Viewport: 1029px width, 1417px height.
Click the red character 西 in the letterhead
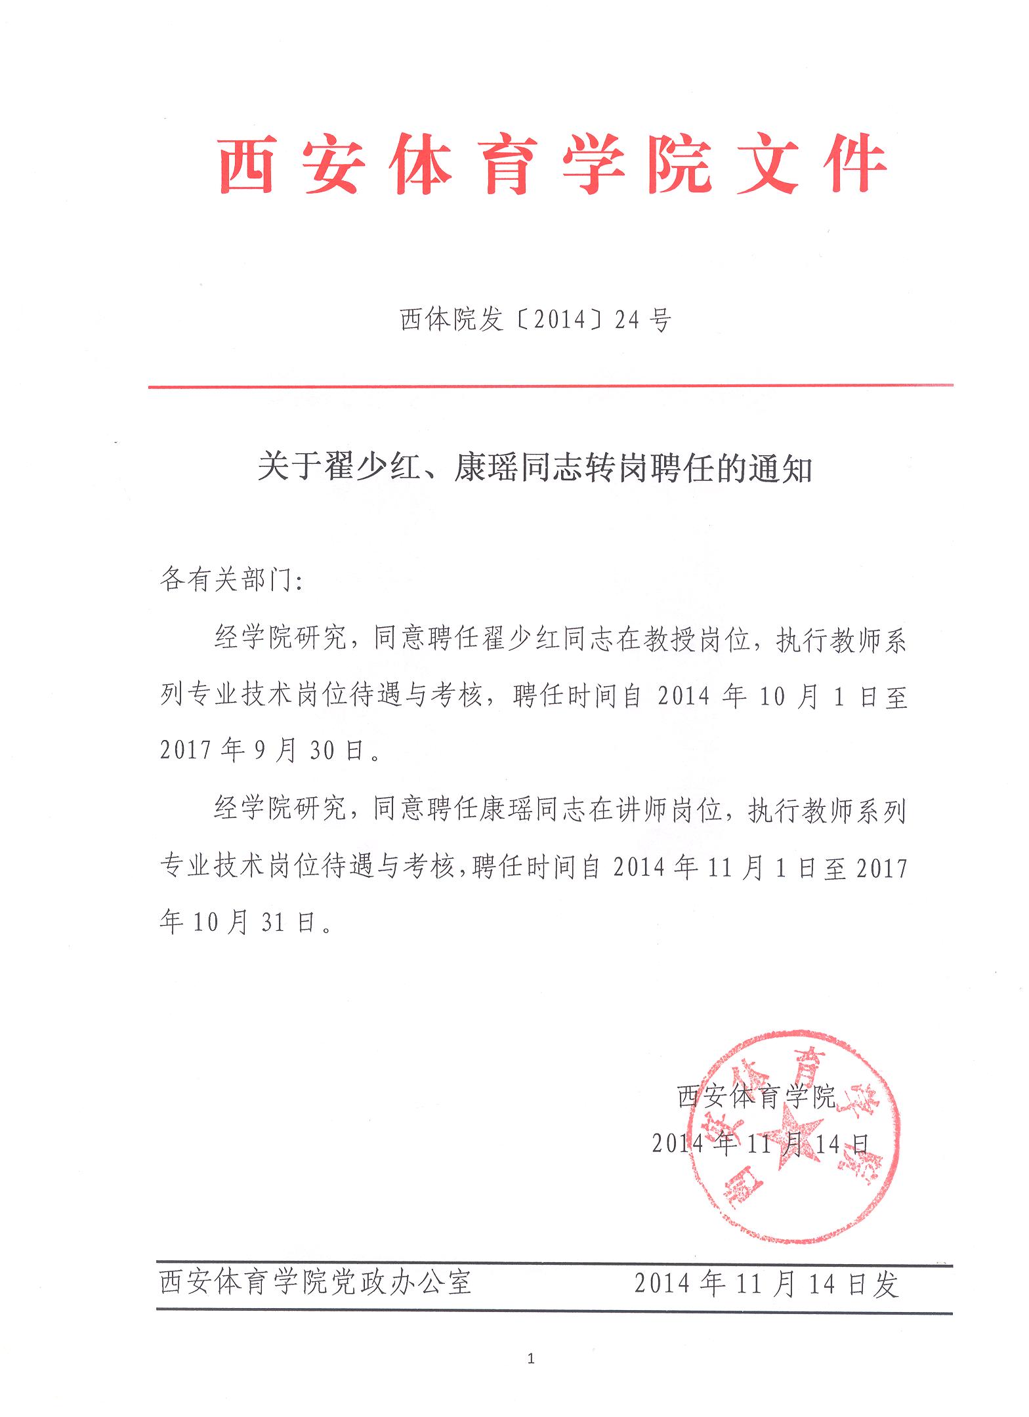(x=246, y=165)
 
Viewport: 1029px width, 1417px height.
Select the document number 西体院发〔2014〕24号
(x=535, y=320)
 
